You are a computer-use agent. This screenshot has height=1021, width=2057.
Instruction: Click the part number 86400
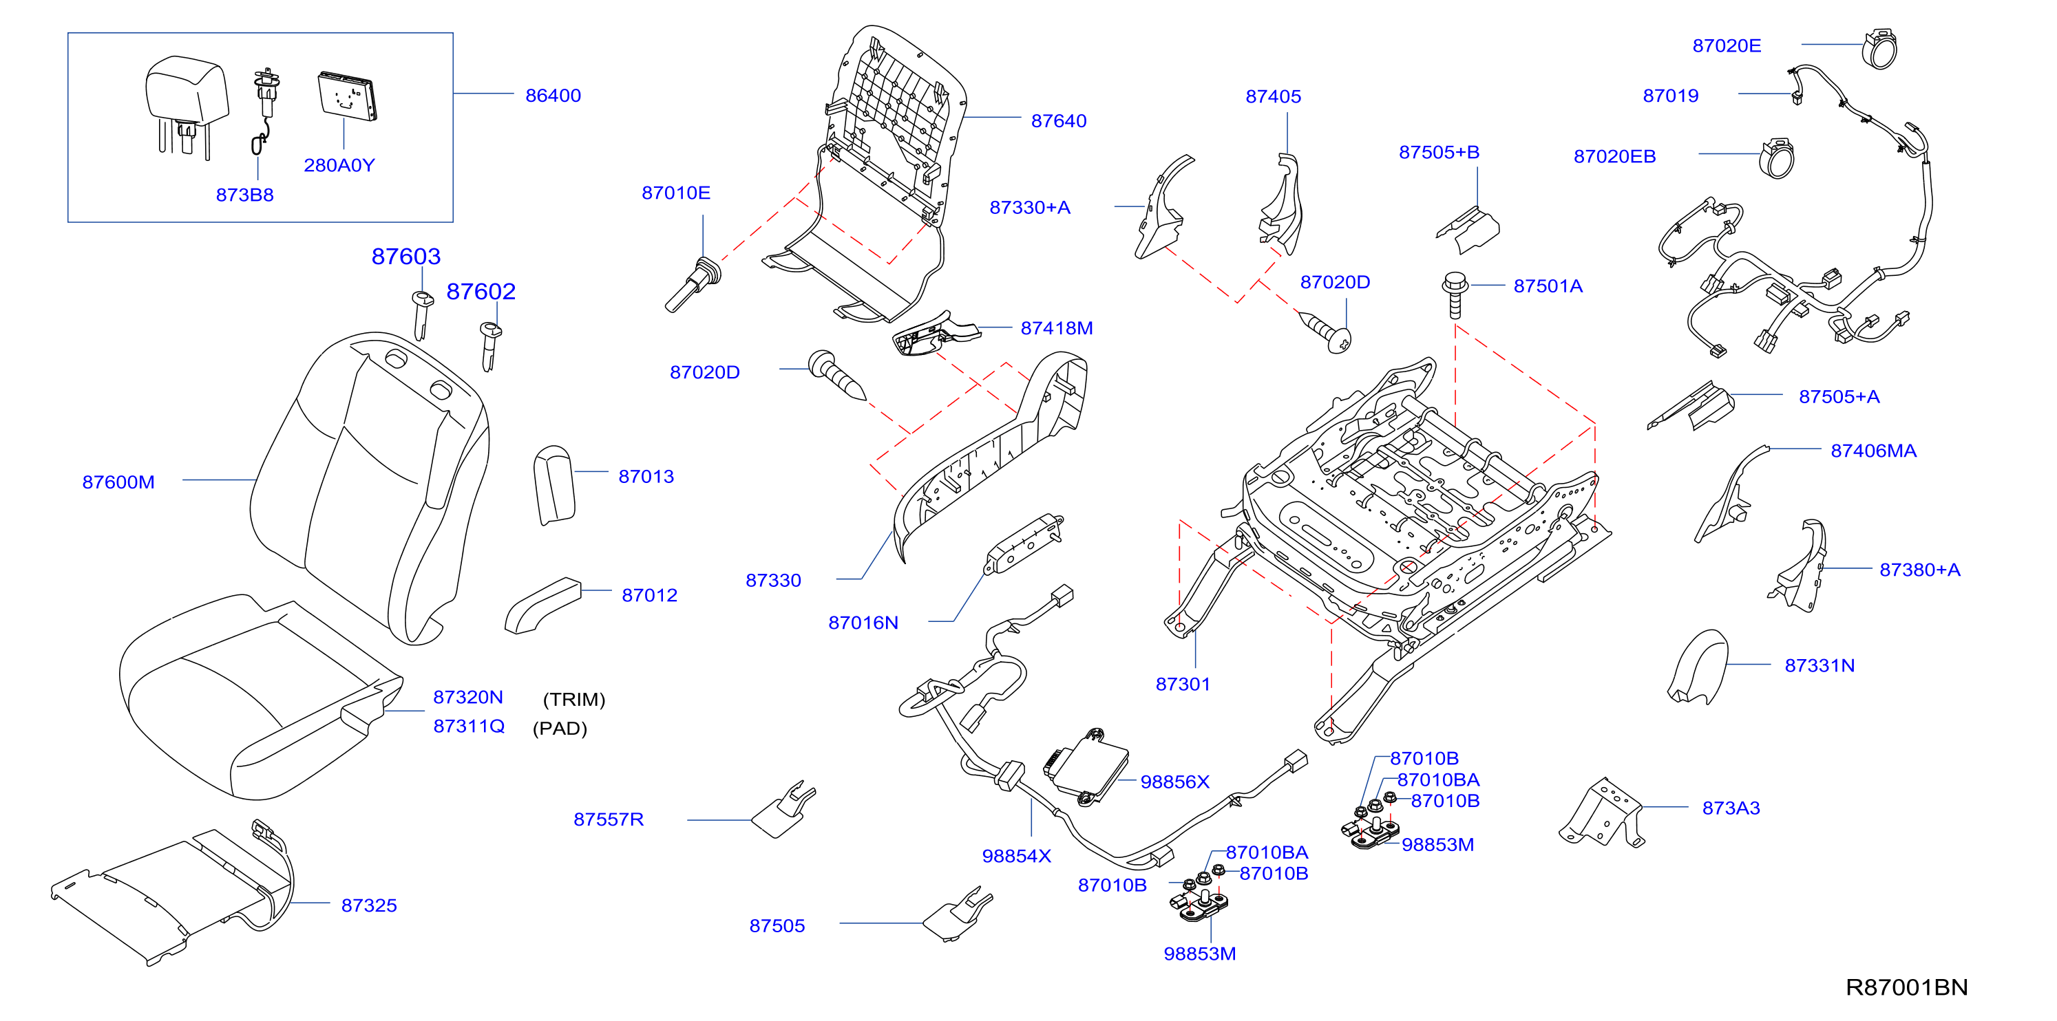coord(553,95)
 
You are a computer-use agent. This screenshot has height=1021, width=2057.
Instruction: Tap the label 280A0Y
coord(339,165)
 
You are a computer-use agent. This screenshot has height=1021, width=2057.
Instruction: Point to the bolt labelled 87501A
coord(1455,294)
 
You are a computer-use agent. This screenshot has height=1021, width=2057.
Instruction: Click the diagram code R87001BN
coord(1906,987)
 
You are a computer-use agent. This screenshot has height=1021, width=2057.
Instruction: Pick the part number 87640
coord(1058,120)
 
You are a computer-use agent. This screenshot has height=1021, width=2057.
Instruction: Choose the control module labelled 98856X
coord(1086,766)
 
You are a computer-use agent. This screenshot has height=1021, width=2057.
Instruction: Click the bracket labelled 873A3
coord(1602,813)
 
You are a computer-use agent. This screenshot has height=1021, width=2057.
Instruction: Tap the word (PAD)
coord(560,728)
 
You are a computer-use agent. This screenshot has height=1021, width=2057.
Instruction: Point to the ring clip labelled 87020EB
coord(1777,158)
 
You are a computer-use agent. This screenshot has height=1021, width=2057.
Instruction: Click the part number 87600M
coord(118,482)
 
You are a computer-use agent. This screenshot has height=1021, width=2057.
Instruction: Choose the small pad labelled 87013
coord(554,484)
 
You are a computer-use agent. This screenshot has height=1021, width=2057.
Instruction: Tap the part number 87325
coord(369,905)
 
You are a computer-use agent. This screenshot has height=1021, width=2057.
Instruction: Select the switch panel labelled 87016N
coord(1024,544)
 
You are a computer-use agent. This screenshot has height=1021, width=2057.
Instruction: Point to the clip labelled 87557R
coord(784,808)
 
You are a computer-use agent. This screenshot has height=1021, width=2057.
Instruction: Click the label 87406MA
coord(1873,451)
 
